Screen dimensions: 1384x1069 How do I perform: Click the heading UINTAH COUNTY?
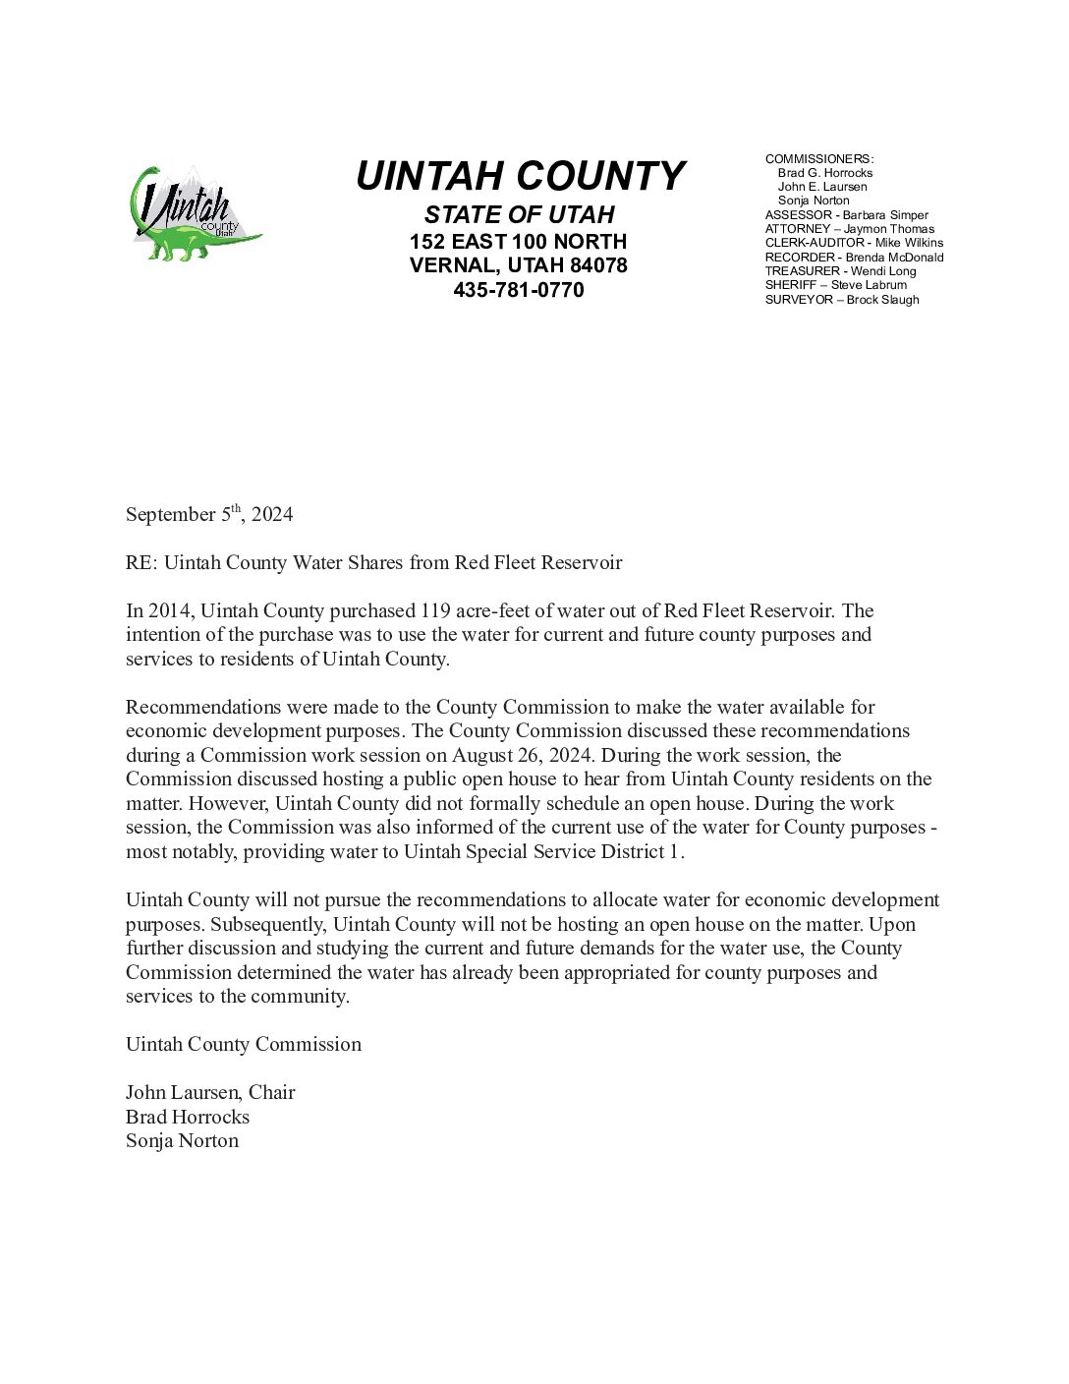coord(519,177)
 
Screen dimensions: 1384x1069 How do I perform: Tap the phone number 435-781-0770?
coord(519,290)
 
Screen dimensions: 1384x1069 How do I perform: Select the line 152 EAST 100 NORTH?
coord(519,242)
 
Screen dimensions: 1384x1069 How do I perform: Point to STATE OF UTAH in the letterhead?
coord(519,214)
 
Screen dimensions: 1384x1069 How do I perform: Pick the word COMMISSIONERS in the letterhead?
coord(818,159)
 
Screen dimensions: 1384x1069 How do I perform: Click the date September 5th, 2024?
coord(208,514)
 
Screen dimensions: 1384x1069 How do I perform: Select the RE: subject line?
coord(373,563)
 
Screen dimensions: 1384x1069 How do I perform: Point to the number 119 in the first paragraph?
coord(435,611)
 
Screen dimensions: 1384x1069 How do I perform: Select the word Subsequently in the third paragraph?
coord(265,925)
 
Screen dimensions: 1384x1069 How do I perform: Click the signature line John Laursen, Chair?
coord(210,1093)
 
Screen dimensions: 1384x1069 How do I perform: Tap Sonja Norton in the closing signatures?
coord(182,1141)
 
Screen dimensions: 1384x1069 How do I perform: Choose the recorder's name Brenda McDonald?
coord(894,258)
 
